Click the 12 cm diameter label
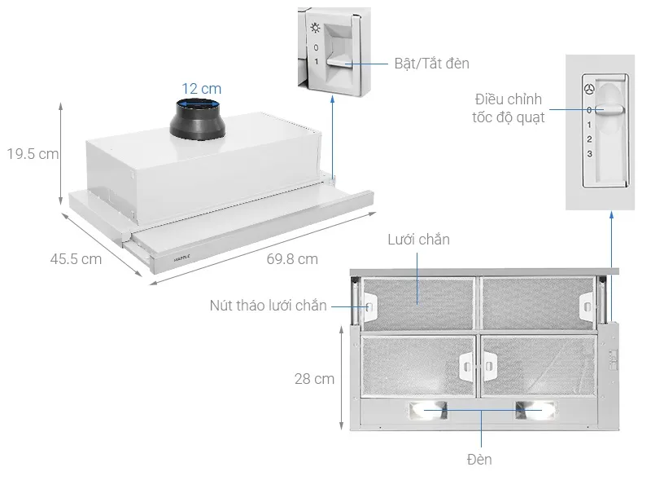[200, 88]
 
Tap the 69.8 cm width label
[291, 259]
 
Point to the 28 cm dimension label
[314, 379]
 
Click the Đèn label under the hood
[480, 460]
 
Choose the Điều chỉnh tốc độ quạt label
[509, 108]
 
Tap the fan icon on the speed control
[589, 90]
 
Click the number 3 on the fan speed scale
[590, 154]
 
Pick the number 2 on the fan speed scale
[590, 139]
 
